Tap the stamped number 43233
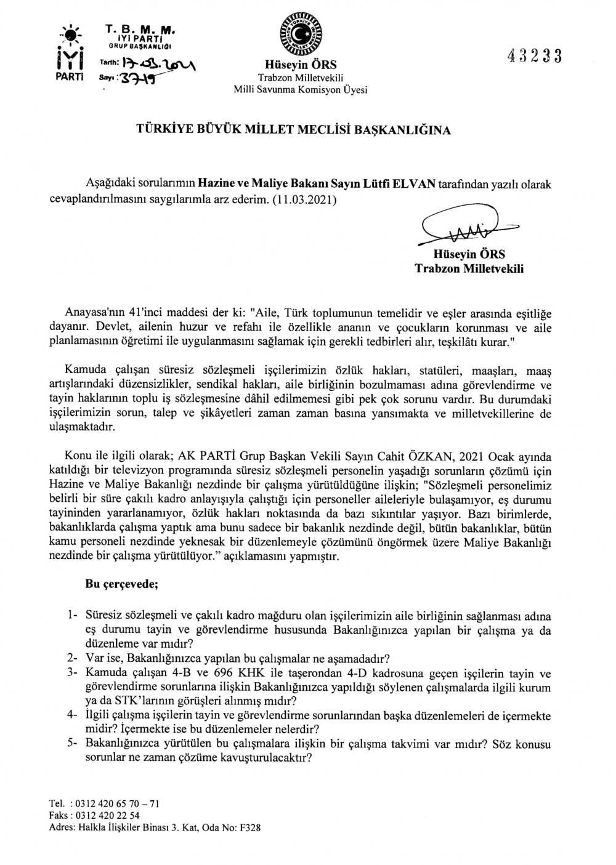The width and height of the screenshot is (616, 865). [x=535, y=56]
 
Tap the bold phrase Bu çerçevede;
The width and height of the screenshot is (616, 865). [x=121, y=585]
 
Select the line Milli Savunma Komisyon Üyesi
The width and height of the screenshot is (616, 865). [x=299, y=90]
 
